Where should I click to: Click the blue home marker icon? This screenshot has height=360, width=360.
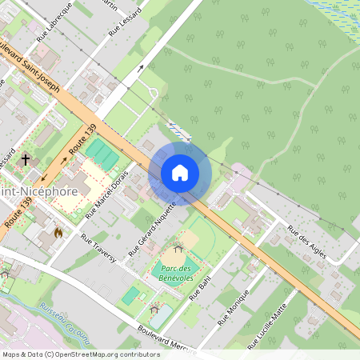180,173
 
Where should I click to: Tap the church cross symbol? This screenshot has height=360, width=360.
26,159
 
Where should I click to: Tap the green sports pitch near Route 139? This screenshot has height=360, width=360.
102,150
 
